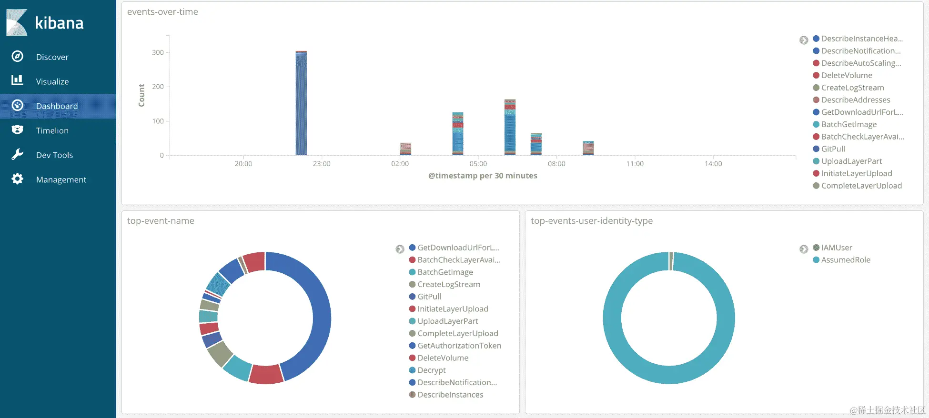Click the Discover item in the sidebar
click(x=52, y=57)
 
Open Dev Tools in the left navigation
click(x=54, y=155)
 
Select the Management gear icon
click(x=18, y=179)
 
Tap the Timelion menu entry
click(x=52, y=130)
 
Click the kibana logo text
click(x=59, y=23)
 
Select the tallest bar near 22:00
click(x=301, y=103)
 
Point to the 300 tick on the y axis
click(x=158, y=52)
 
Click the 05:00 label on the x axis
click(x=478, y=164)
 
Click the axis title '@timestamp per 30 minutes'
click(x=483, y=176)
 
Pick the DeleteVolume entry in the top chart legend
click(x=847, y=75)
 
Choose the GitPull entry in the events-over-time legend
click(x=833, y=149)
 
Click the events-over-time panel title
click(x=162, y=12)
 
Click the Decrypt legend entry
click(x=432, y=370)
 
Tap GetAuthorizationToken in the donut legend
click(x=459, y=346)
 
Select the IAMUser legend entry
click(x=837, y=248)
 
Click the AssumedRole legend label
click(x=846, y=260)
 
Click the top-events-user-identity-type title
click(x=592, y=221)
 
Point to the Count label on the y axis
click(x=141, y=95)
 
